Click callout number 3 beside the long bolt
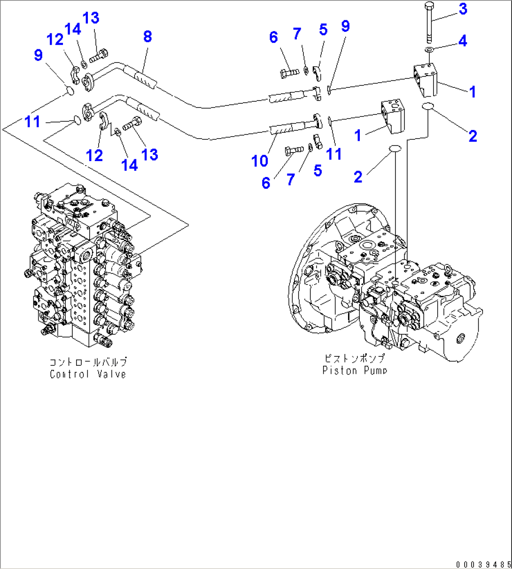click(x=463, y=8)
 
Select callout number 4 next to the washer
click(x=463, y=41)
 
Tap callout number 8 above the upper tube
click(x=147, y=37)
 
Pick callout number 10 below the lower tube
click(x=259, y=161)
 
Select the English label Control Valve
click(x=88, y=374)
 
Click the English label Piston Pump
click(x=355, y=370)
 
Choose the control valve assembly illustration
click(x=85, y=268)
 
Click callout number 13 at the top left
click(x=91, y=18)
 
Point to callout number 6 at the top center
click(x=273, y=37)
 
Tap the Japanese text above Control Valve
click(x=88, y=362)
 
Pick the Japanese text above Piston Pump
click(x=355, y=359)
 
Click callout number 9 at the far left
click(x=38, y=55)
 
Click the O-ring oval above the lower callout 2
click(x=395, y=149)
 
